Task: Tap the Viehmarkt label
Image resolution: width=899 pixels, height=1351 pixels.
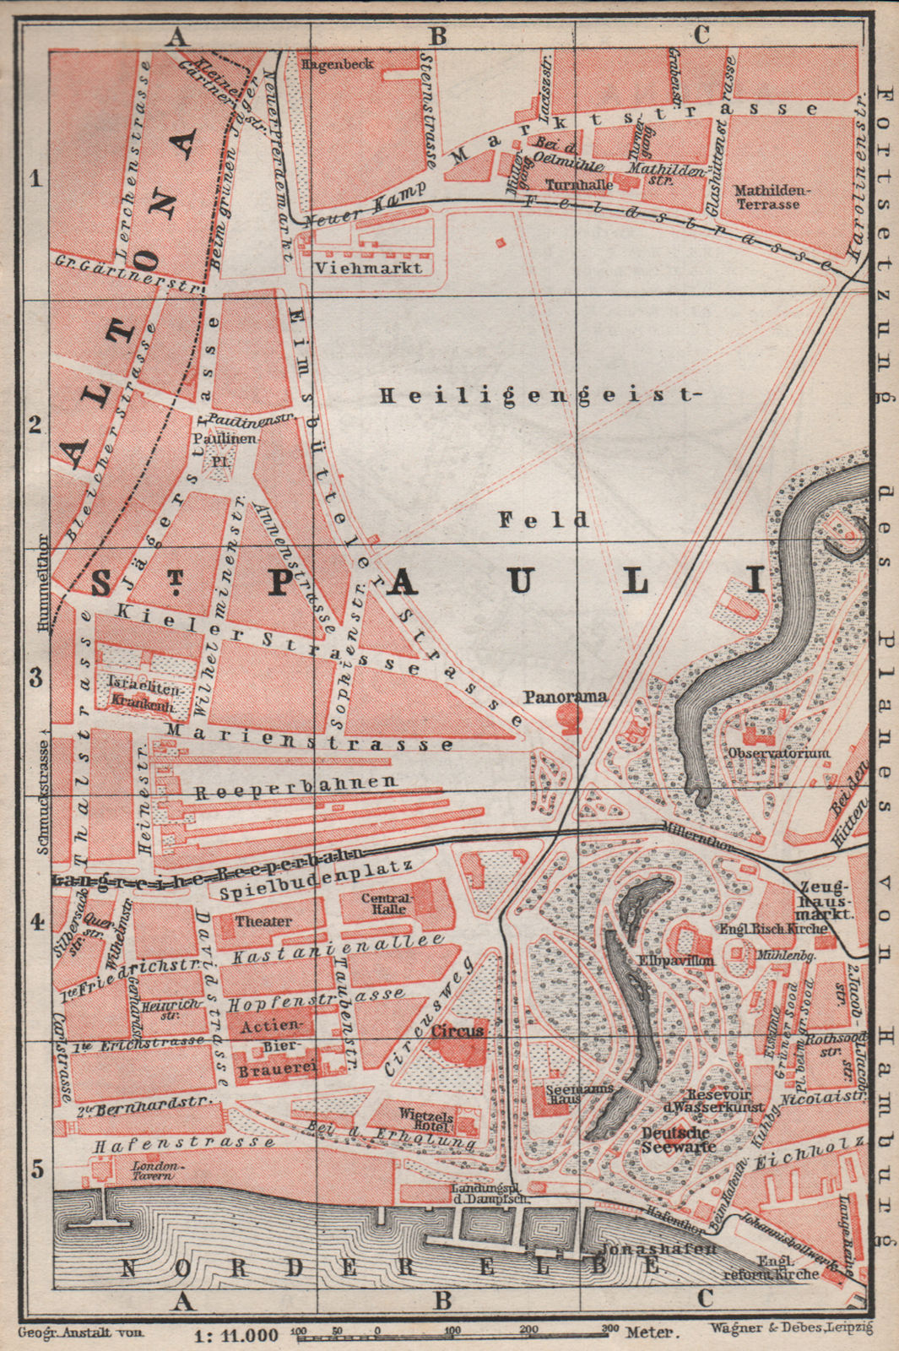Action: coord(367,267)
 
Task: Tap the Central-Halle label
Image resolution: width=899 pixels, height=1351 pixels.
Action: coord(386,903)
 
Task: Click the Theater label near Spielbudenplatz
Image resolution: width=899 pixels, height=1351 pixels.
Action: coord(263,921)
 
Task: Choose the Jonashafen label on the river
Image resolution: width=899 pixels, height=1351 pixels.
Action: coord(658,1249)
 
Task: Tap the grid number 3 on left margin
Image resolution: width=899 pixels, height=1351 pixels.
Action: coord(35,677)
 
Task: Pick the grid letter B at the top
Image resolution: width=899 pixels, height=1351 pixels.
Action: coord(438,35)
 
